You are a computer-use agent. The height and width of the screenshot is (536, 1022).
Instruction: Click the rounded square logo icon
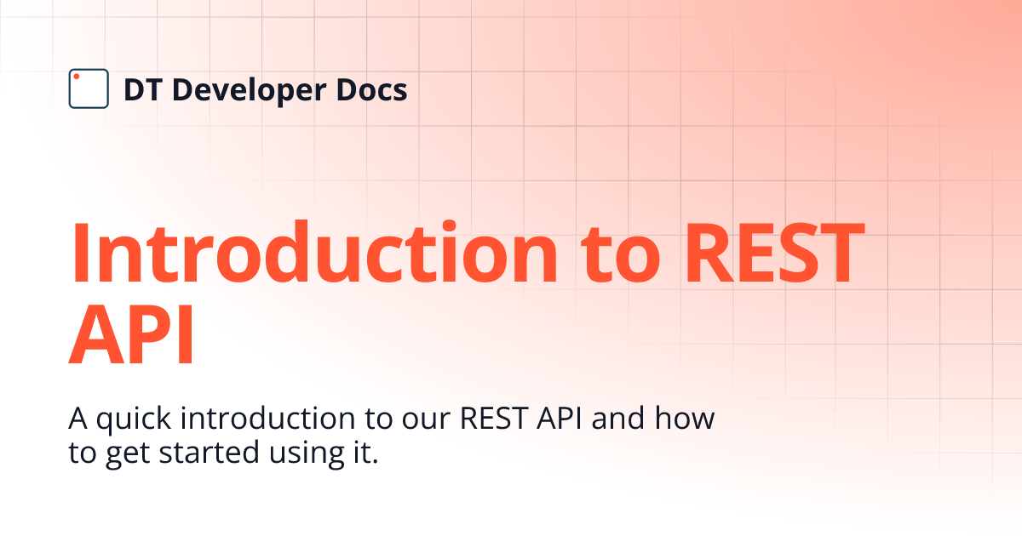click(89, 88)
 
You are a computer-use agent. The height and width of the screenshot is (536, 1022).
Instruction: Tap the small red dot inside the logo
click(77, 77)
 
